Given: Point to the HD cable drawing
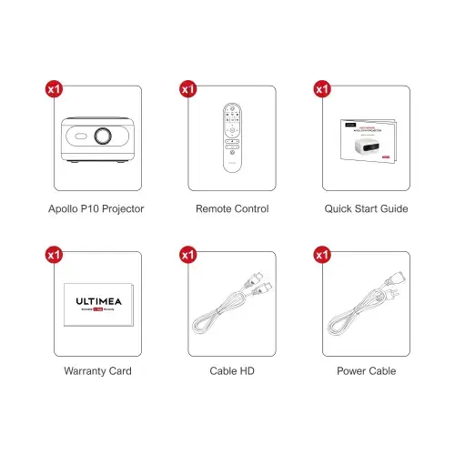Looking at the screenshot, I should point(232,306).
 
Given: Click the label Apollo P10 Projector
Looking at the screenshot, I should point(96,209).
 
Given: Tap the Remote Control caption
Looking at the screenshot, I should point(232,209).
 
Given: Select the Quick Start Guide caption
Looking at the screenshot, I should point(366,209).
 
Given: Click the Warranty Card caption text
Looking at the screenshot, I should point(97,371).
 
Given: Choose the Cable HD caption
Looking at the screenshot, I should point(232,371).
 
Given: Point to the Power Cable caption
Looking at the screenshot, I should point(366,371).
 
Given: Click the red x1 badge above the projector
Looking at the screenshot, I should point(54,89).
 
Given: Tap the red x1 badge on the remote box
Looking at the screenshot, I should point(188,89).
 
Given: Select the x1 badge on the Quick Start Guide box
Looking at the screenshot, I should point(321,89).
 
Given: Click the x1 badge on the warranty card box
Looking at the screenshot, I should point(54,255).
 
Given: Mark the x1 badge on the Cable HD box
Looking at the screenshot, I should point(188,255).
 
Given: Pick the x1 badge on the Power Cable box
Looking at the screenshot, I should point(321,255).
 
